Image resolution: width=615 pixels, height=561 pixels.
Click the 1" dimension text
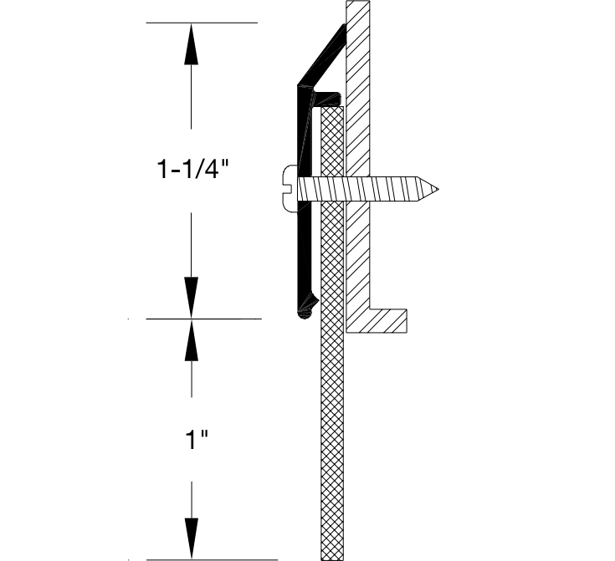[193, 440]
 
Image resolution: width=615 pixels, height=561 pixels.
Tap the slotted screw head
[287, 188]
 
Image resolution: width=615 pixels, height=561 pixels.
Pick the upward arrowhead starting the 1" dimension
[192, 339]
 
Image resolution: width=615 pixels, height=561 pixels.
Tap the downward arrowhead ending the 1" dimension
[192, 538]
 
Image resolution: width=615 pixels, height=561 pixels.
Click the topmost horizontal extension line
[201, 23]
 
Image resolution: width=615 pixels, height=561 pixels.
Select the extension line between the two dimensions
[201, 319]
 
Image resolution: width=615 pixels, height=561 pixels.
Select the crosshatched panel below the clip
[332, 435]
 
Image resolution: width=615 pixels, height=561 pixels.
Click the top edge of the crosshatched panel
[332, 107]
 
